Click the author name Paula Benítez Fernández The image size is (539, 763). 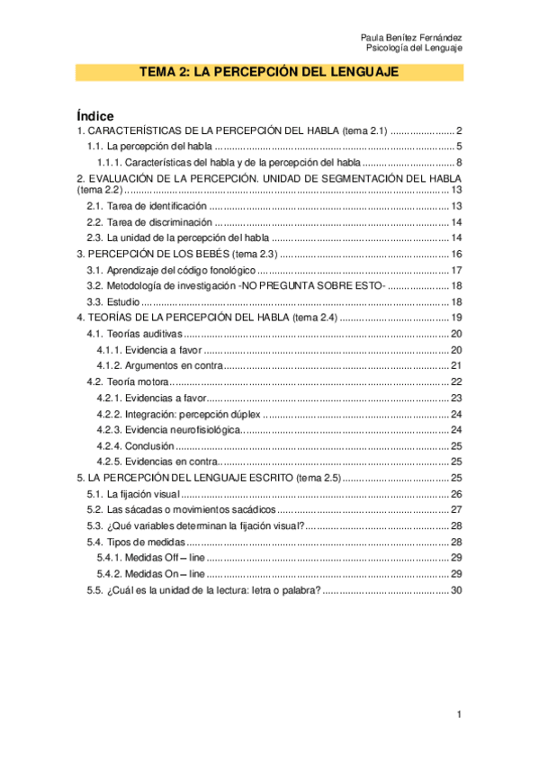pos(410,37)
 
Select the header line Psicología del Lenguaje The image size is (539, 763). pos(418,48)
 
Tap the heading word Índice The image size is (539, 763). pos(95,116)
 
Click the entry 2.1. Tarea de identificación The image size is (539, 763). pos(146,206)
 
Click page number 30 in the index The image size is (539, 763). pos(455,590)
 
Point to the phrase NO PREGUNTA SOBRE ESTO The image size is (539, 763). pos(313,285)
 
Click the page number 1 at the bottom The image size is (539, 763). pos(459,714)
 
